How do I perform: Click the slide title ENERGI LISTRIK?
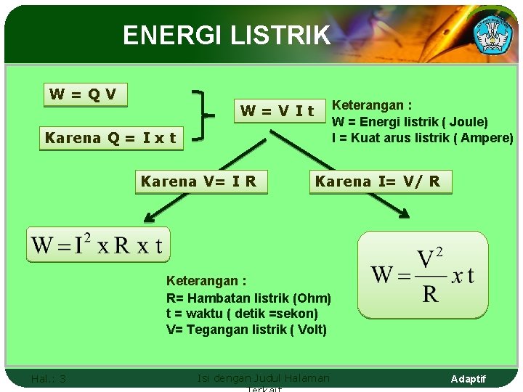point(226,35)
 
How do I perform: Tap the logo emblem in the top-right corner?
point(492,32)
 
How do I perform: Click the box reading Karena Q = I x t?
point(110,138)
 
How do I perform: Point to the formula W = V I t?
point(277,111)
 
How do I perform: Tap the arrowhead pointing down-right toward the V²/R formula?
point(405,211)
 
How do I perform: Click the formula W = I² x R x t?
point(97,245)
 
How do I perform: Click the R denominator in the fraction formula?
point(430,293)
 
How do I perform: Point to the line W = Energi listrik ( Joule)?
point(410,122)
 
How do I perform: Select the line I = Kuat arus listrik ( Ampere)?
point(422,138)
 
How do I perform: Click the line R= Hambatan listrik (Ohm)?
point(248,298)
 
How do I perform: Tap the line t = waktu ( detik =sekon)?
point(242,314)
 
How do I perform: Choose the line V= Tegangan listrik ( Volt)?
point(246,330)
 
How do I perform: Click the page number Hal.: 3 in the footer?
point(49,378)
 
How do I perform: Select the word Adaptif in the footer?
point(468,379)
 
